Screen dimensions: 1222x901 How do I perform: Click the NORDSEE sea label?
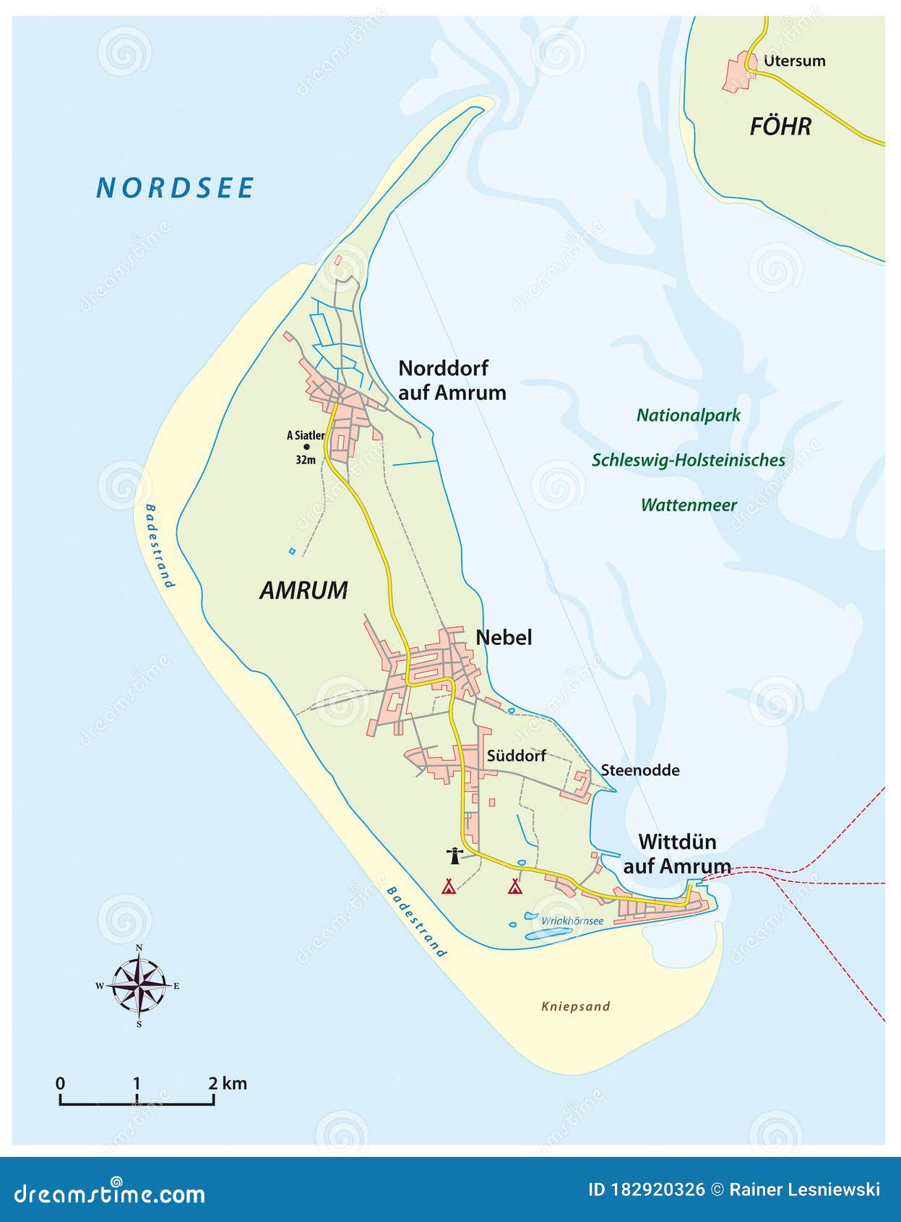(175, 188)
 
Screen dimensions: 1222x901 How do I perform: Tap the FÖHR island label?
(780, 127)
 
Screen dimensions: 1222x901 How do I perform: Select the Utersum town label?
(794, 61)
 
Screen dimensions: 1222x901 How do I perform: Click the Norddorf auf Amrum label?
(452, 380)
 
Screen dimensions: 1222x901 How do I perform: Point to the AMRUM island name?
(303, 590)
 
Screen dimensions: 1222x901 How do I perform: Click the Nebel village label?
(504, 637)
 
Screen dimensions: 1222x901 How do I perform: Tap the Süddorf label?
(516, 756)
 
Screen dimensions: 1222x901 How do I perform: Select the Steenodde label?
(639, 770)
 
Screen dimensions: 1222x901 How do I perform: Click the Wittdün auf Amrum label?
(677, 854)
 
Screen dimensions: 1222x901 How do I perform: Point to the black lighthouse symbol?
(454, 856)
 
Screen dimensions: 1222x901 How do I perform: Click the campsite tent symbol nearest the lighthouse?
(449, 886)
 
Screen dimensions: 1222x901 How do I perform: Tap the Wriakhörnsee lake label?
(572, 920)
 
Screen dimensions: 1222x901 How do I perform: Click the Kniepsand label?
(575, 1006)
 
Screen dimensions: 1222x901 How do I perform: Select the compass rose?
(139, 985)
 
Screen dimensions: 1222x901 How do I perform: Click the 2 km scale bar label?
(227, 1083)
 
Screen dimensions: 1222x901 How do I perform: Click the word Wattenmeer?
(688, 505)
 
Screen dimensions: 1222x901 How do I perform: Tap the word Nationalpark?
(688, 415)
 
